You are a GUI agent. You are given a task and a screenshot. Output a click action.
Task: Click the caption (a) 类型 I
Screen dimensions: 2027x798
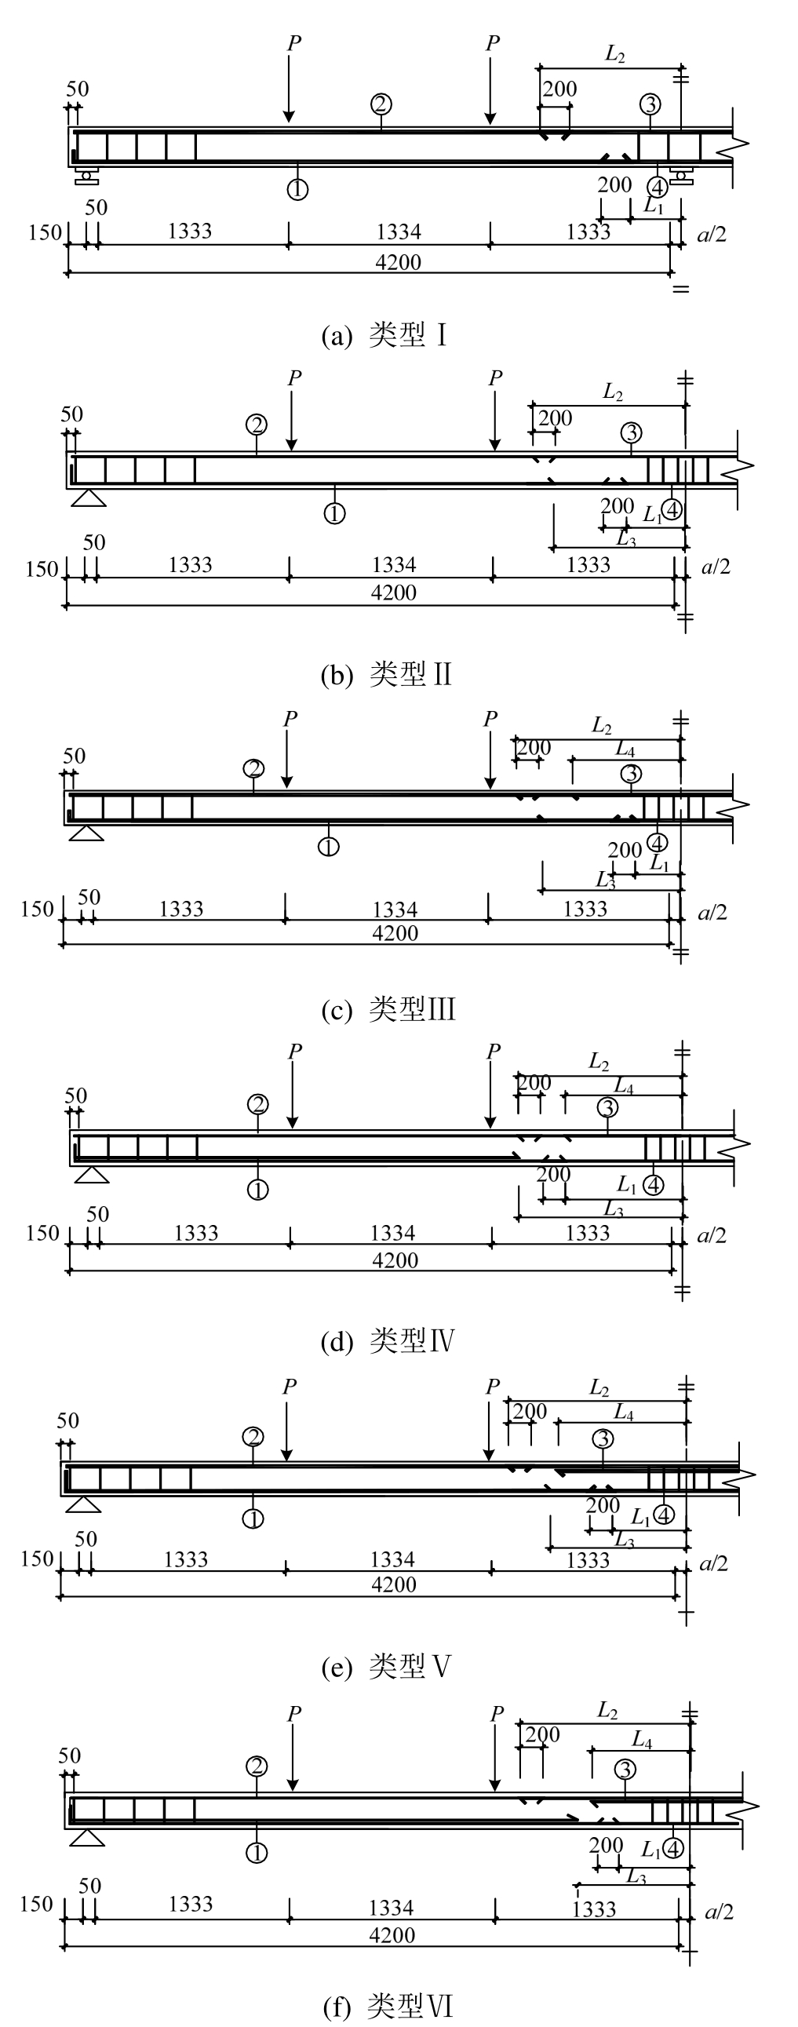point(384,336)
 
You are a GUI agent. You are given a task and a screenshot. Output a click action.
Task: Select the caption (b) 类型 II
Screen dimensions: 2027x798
point(386,675)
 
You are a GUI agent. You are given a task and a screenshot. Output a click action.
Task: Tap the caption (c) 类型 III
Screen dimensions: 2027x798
point(388,1009)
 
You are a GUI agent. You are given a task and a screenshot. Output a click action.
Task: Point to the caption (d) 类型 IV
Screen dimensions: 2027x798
point(388,1341)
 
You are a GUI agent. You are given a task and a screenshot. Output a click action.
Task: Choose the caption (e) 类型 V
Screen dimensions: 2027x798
point(386,1666)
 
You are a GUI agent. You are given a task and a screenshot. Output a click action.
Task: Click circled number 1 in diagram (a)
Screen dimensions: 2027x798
point(297,189)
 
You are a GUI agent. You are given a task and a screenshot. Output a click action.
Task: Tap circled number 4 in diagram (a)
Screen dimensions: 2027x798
point(656,188)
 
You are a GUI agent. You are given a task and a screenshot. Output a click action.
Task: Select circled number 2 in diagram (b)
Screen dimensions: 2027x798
point(257,425)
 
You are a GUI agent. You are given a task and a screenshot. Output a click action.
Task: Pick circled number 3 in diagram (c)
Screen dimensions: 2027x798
point(631,775)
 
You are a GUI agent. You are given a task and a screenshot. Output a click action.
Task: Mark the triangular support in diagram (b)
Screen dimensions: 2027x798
point(88,498)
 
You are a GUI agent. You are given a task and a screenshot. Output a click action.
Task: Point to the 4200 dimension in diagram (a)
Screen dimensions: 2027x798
point(398,262)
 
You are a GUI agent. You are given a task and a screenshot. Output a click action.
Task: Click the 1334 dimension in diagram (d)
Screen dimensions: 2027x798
point(392,1233)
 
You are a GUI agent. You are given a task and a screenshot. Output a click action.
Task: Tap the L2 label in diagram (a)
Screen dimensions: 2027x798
point(614,54)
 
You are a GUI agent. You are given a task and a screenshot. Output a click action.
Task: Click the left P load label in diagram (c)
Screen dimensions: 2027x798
point(290,718)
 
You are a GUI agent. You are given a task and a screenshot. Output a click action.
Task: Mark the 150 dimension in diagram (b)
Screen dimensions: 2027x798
point(42,569)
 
